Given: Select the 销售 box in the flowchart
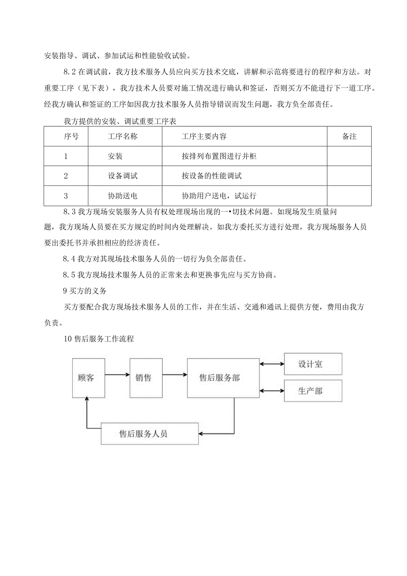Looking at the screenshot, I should click(146, 378).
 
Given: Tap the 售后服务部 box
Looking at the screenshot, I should click(223, 378).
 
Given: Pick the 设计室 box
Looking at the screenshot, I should click(313, 364).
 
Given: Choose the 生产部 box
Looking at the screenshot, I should click(313, 391).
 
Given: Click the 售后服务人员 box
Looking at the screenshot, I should click(150, 433).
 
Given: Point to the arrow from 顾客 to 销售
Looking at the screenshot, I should click(117, 375).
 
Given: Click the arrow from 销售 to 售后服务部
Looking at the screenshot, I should click(175, 375).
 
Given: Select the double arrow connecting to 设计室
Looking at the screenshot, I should click(272, 364).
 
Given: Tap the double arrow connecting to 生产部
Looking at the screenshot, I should click(272, 390).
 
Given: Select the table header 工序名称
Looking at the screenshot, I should click(123, 137).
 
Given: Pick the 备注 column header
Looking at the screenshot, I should click(349, 137).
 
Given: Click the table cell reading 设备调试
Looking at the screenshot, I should click(123, 176).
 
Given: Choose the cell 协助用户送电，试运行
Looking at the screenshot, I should click(219, 195).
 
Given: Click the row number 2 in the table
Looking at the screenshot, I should click(66, 176).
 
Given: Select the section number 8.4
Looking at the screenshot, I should click(69, 259).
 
